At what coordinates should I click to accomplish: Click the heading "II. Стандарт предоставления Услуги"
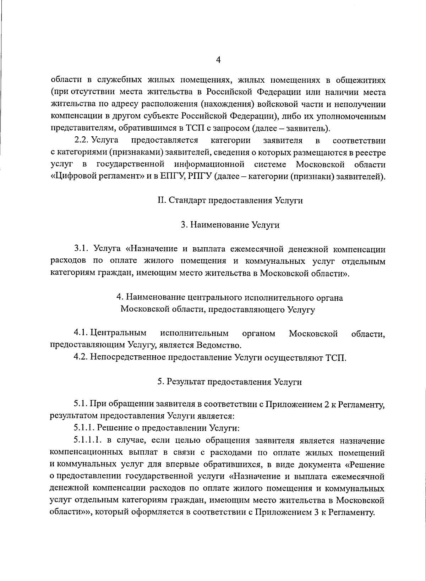coord(230,200)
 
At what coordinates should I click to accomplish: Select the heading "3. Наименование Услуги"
coord(230,225)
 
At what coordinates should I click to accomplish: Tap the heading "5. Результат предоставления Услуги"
coord(230,382)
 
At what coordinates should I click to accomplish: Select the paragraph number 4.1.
coord(81,333)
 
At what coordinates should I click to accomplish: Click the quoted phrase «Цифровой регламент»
coord(96,176)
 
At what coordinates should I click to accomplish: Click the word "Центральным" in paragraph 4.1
coord(118,333)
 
